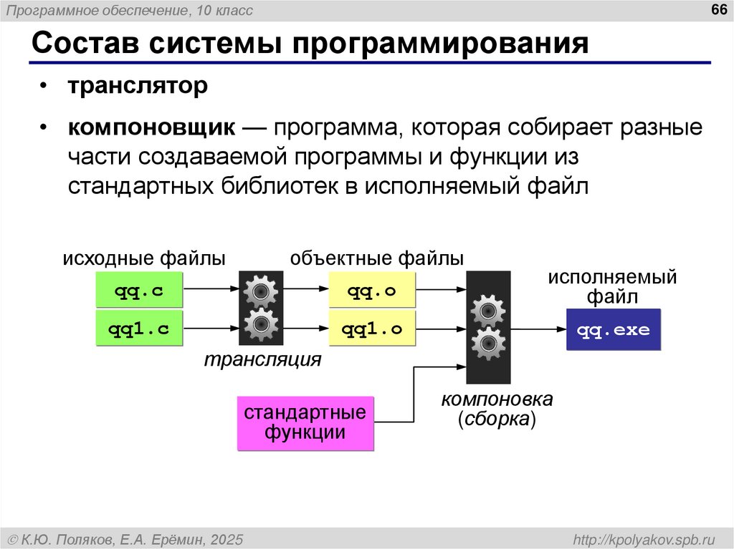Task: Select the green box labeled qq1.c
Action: point(139,329)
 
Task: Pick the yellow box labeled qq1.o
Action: point(371,329)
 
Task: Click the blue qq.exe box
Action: point(613,330)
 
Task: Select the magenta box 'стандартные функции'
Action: point(305,423)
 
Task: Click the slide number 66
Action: point(716,10)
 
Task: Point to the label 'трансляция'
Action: point(262,359)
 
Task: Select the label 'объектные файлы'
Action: point(377,258)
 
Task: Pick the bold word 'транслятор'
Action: point(138,87)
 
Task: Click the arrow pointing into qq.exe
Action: point(538,329)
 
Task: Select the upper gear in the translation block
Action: point(260,291)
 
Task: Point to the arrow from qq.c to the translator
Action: point(211,289)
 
